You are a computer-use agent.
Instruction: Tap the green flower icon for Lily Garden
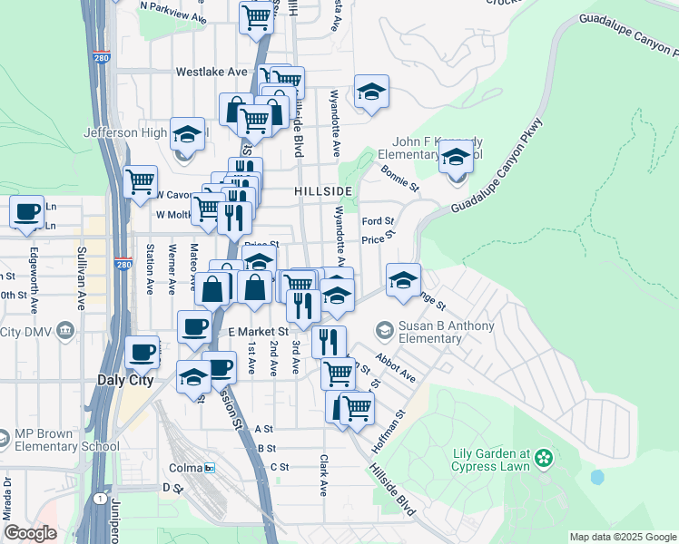click(544, 456)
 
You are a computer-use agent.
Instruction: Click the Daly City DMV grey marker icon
click(64, 332)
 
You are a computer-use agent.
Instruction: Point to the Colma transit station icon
click(210, 468)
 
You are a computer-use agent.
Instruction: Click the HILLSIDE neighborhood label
click(322, 192)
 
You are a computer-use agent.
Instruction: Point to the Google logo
click(31, 533)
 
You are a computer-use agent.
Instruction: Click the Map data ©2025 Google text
click(622, 537)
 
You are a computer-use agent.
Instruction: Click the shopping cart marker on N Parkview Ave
click(258, 17)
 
